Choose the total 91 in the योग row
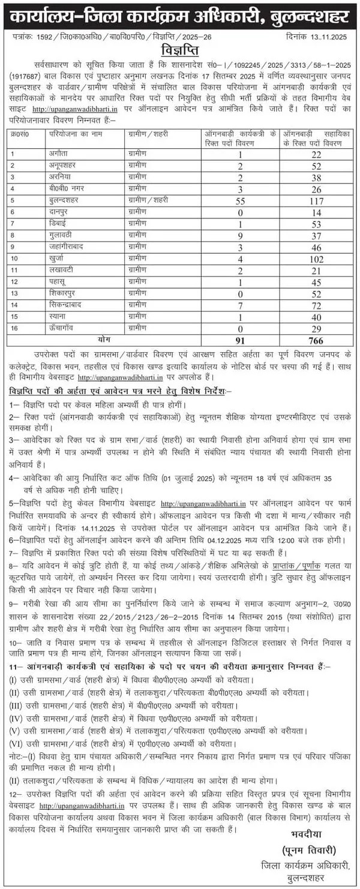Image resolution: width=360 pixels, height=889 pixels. coord(240,341)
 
